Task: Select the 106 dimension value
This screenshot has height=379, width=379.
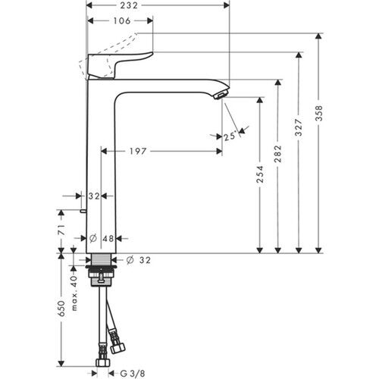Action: click(x=113, y=21)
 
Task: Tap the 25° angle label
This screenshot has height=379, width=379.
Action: click(x=229, y=136)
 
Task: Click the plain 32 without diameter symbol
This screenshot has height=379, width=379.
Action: click(x=94, y=196)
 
